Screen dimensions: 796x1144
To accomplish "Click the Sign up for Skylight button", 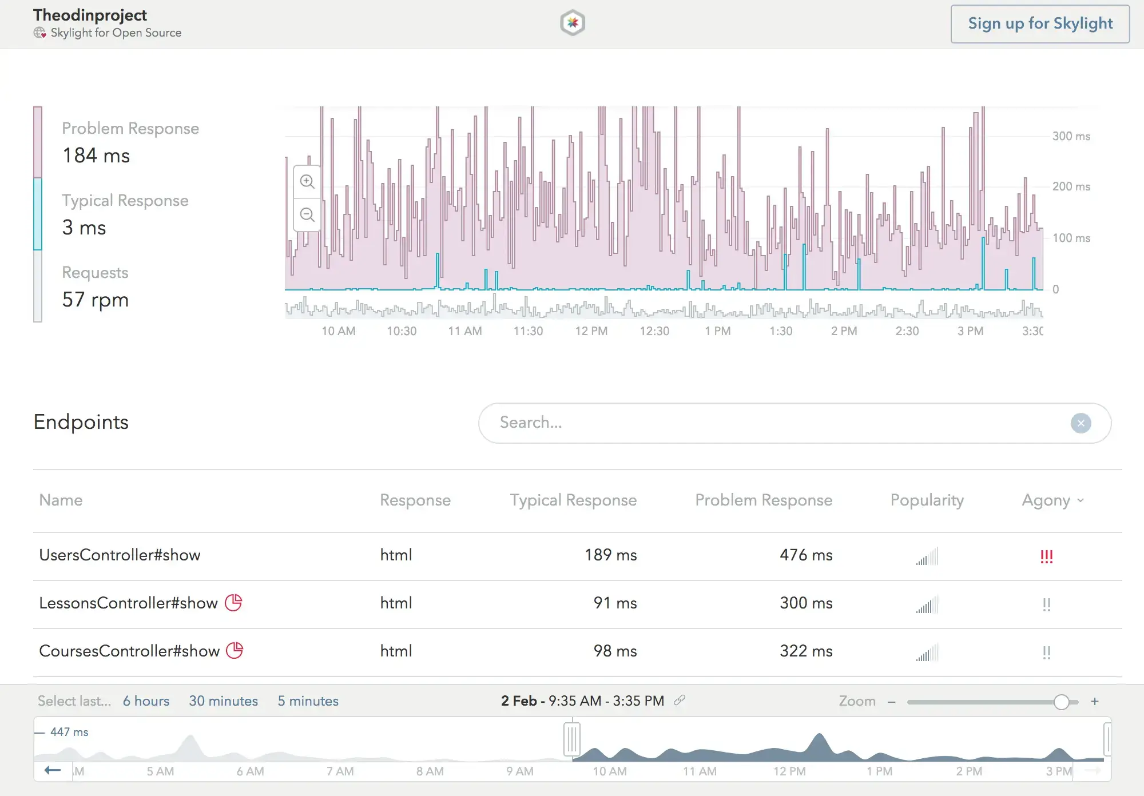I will pyautogui.click(x=1040, y=24).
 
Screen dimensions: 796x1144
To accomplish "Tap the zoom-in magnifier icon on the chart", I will pyautogui.click(x=307, y=182).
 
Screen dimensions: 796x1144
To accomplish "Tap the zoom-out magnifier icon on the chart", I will pyautogui.click(x=307, y=215).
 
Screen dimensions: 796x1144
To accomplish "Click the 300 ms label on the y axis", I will pyautogui.click(x=1071, y=136).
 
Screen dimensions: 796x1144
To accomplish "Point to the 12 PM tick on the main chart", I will pyautogui.click(x=591, y=331).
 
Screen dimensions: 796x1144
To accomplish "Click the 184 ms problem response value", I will pyautogui.click(x=96, y=156).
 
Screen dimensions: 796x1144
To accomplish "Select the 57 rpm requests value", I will pyautogui.click(x=96, y=300).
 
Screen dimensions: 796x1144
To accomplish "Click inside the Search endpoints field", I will pyautogui.click(x=744, y=423).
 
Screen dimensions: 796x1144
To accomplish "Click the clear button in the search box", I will pyautogui.click(x=1081, y=423).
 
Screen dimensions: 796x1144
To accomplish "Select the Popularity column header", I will pyautogui.click(x=927, y=500).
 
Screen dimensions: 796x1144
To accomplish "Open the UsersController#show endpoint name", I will pyautogui.click(x=120, y=555).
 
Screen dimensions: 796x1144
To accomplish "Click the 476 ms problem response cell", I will pyautogui.click(x=805, y=555).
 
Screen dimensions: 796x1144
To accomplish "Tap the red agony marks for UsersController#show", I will pyautogui.click(x=1046, y=556).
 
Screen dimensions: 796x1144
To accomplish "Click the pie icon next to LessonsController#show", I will pyautogui.click(x=233, y=603).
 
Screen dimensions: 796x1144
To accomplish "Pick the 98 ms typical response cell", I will pyautogui.click(x=615, y=651).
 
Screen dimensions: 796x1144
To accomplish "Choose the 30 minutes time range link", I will pyautogui.click(x=223, y=701).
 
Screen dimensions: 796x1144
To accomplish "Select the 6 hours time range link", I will pyautogui.click(x=146, y=701).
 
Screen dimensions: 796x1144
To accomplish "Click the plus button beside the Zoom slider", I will pyautogui.click(x=1094, y=702).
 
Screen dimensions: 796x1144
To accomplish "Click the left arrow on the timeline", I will pyautogui.click(x=53, y=770).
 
